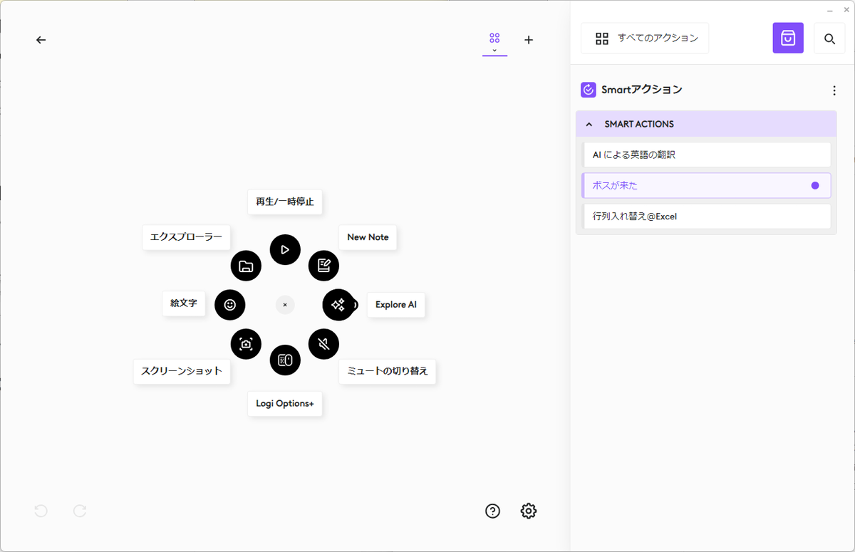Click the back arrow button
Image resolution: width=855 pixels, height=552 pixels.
(x=41, y=40)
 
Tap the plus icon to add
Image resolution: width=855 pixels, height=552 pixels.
(x=529, y=40)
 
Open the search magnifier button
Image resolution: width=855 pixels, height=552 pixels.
(x=829, y=38)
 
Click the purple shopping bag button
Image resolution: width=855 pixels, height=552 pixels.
(x=788, y=38)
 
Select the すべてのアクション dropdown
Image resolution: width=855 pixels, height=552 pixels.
(x=645, y=38)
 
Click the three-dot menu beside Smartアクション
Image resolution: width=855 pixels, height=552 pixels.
(x=834, y=90)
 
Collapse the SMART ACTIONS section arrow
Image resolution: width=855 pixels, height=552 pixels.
(x=589, y=125)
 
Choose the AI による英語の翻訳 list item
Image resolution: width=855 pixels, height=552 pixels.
(x=707, y=155)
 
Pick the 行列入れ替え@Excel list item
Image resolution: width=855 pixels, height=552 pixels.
(x=707, y=217)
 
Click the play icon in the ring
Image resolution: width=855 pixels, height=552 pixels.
(x=285, y=250)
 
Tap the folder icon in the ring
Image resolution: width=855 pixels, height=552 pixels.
(x=246, y=266)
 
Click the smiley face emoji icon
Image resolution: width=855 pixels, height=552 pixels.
(x=229, y=305)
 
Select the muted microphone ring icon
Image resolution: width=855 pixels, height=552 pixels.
(x=323, y=344)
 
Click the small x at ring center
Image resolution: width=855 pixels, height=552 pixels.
(x=285, y=305)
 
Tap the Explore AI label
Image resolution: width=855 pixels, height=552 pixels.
(x=396, y=305)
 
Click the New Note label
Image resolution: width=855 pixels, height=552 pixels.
(x=368, y=237)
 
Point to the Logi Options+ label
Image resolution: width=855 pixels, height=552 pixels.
(x=285, y=404)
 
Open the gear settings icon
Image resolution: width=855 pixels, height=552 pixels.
(x=528, y=511)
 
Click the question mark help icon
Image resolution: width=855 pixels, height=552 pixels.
(x=492, y=511)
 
